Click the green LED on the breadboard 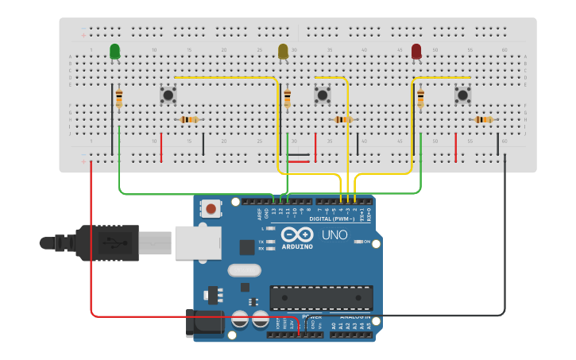point(115,52)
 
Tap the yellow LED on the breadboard point(284,52)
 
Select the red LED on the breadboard point(416,52)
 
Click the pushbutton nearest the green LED point(168,95)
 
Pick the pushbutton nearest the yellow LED point(322,95)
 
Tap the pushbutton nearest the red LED point(462,95)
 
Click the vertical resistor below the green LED point(119,99)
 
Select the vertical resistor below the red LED point(420,99)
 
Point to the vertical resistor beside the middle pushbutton point(287,99)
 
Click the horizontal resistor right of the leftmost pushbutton point(189,120)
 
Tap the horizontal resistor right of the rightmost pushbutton point(483,120)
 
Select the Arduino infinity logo point(295,235)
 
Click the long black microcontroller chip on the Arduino point(320,297)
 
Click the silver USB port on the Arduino point(198,242)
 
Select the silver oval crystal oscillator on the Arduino point(243,270)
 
